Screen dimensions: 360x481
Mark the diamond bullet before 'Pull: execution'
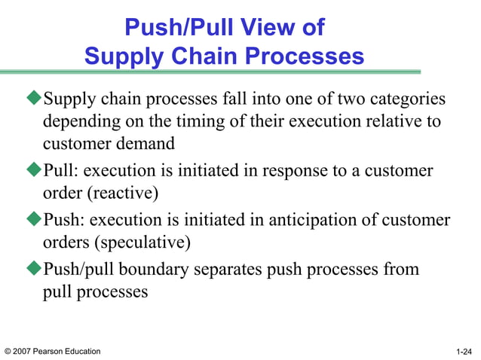[35, 171]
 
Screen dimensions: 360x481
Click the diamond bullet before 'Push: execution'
[35, 221]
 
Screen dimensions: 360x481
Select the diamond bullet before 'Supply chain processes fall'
[35, 99]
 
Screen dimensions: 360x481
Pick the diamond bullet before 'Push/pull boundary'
[35, 270]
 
